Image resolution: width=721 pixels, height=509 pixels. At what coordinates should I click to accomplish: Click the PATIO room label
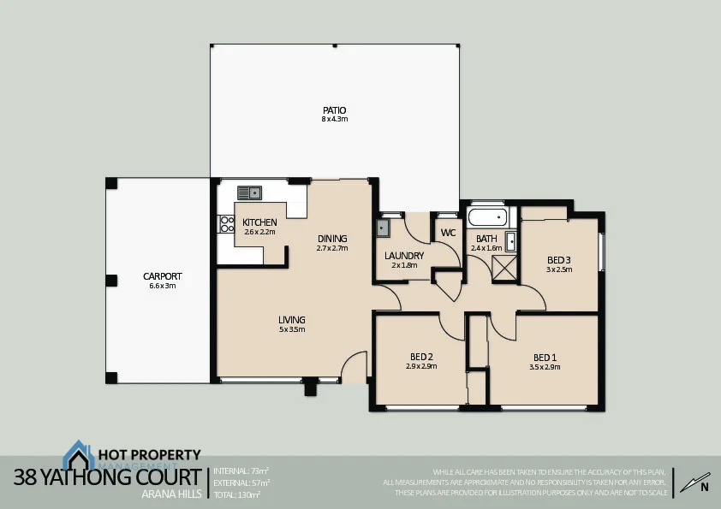[x=334, y=110]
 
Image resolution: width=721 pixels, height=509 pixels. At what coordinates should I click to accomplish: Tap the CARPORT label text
[x=162, y=276]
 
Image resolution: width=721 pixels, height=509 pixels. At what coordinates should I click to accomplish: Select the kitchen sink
[x=250, y=192]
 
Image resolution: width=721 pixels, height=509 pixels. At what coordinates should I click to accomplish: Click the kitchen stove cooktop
[x=228, y=224]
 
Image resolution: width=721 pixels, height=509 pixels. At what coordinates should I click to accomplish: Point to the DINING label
[x=332, y=239]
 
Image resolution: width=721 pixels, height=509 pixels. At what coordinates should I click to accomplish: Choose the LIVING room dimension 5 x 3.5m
[x=291, y=329]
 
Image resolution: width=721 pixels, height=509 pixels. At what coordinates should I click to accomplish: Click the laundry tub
[x=383, y=228]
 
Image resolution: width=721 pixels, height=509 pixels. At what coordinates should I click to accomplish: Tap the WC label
[x=448, y=233]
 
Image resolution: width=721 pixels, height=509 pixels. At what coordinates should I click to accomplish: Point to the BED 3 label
[x=558, y=260]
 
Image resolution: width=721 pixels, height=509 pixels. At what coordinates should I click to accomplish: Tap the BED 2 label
[x=421, y=357]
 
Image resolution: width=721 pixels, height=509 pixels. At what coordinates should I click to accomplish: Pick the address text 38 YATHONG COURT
[x=107, y=477]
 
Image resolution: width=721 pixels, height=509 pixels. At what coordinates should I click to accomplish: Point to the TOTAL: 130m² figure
[x=236, y=494]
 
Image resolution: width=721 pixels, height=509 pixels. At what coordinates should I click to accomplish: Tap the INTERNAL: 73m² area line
[x=241, y=471]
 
